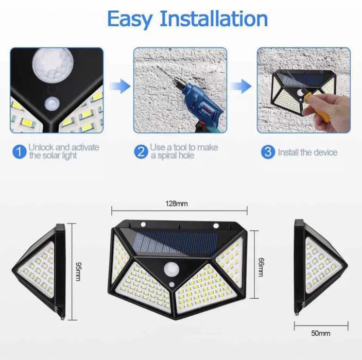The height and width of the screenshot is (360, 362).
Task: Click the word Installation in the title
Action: [214, 19]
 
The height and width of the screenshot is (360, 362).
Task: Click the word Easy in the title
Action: [130, 19]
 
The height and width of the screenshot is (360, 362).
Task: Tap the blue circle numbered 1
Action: [19, 151]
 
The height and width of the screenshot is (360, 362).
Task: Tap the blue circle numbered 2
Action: [141, 151]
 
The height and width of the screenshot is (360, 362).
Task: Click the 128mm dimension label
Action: [177, 204]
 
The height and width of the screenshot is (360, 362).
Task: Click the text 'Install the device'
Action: [307, 152]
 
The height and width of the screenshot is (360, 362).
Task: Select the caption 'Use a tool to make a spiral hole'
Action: [184, 151]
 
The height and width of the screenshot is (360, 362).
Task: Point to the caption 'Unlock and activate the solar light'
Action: [64, 151]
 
